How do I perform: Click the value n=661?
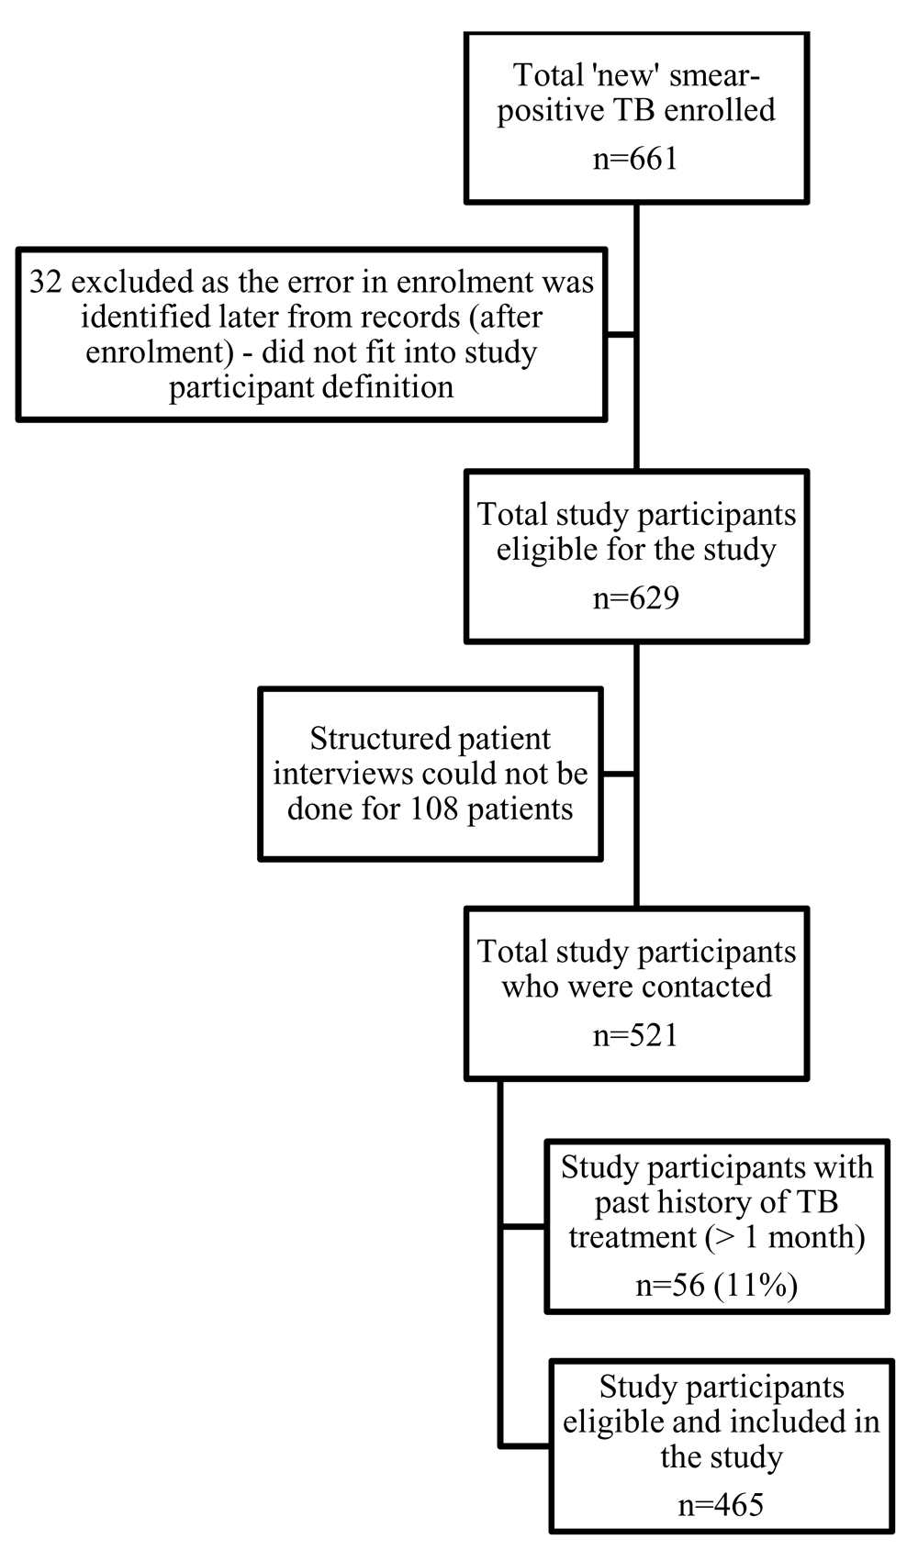(x=635, y=159)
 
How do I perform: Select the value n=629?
(x=635, y=598)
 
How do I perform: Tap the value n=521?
(x=635, y=1035)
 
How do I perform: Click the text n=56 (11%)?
(x=717, y=1286)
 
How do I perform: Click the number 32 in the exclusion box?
(x=45, y=283)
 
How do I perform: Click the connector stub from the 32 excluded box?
(x=621, y=335)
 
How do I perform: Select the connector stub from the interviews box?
(x=619, y=774)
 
